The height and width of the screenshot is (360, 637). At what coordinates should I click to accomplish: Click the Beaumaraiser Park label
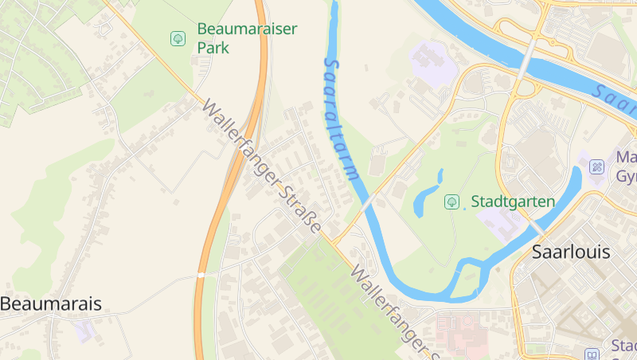[247, 37]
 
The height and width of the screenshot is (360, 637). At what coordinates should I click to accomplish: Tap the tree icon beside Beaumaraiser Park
[178, 37]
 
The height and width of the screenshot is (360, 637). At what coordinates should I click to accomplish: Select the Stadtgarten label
[513, 202]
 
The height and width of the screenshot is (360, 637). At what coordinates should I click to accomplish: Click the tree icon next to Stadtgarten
[451, 202]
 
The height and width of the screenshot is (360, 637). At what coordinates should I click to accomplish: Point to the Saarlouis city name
[571, 252]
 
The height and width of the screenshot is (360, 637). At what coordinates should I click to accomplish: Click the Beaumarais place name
[51, 303]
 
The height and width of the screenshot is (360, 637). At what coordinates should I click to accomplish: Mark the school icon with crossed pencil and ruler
[597, 167]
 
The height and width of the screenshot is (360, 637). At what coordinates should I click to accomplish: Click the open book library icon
[591, 354]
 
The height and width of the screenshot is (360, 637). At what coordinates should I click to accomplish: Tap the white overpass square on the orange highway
[201, 275]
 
